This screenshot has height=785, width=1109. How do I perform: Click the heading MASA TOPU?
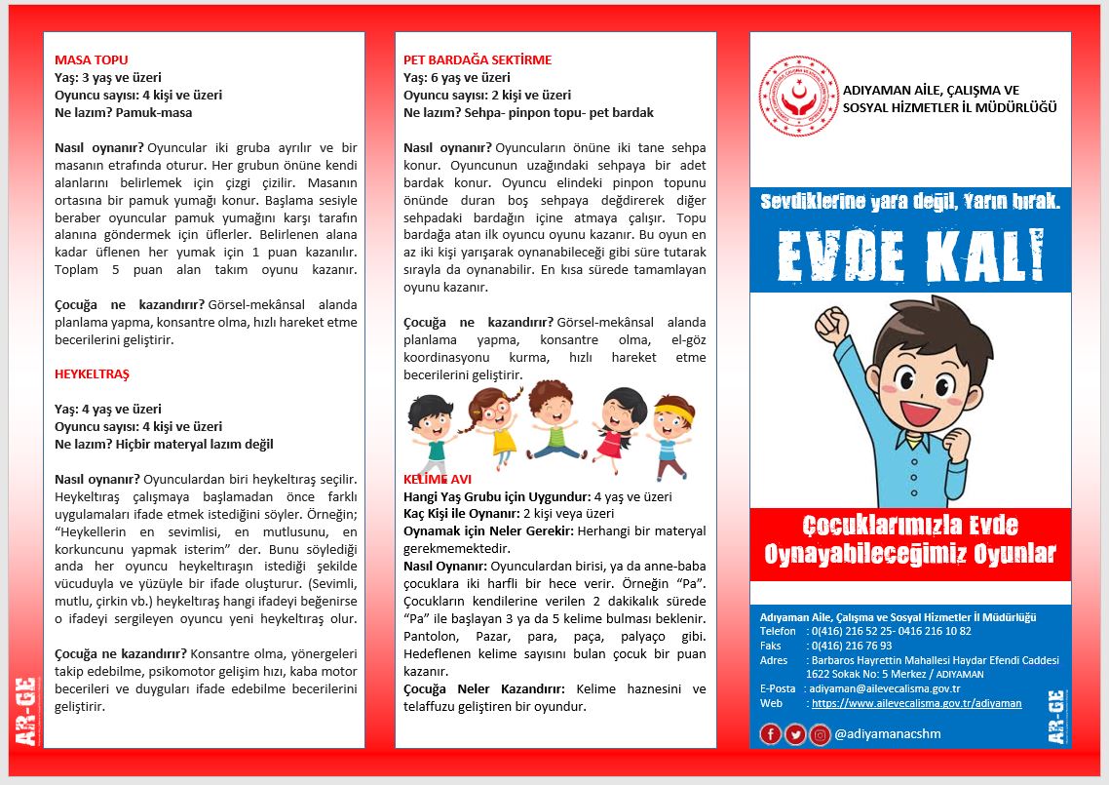coord(92,59)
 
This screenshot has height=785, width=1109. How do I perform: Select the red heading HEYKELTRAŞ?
coord(92,374)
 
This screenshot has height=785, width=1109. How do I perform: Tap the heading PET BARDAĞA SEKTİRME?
coord(478,59)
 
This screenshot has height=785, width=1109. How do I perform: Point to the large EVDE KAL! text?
coord(910,255)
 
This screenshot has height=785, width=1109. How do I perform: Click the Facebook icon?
coord(770,734)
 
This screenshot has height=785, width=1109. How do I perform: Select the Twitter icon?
coord(795,734)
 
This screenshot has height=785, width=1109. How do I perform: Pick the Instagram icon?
coord(821,734)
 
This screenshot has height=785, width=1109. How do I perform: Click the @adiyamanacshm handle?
coord(885,734)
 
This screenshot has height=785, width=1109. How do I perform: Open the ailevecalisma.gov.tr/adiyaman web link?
coord(916,703)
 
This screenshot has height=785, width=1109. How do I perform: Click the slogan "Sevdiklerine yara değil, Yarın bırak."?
coord(910,202)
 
